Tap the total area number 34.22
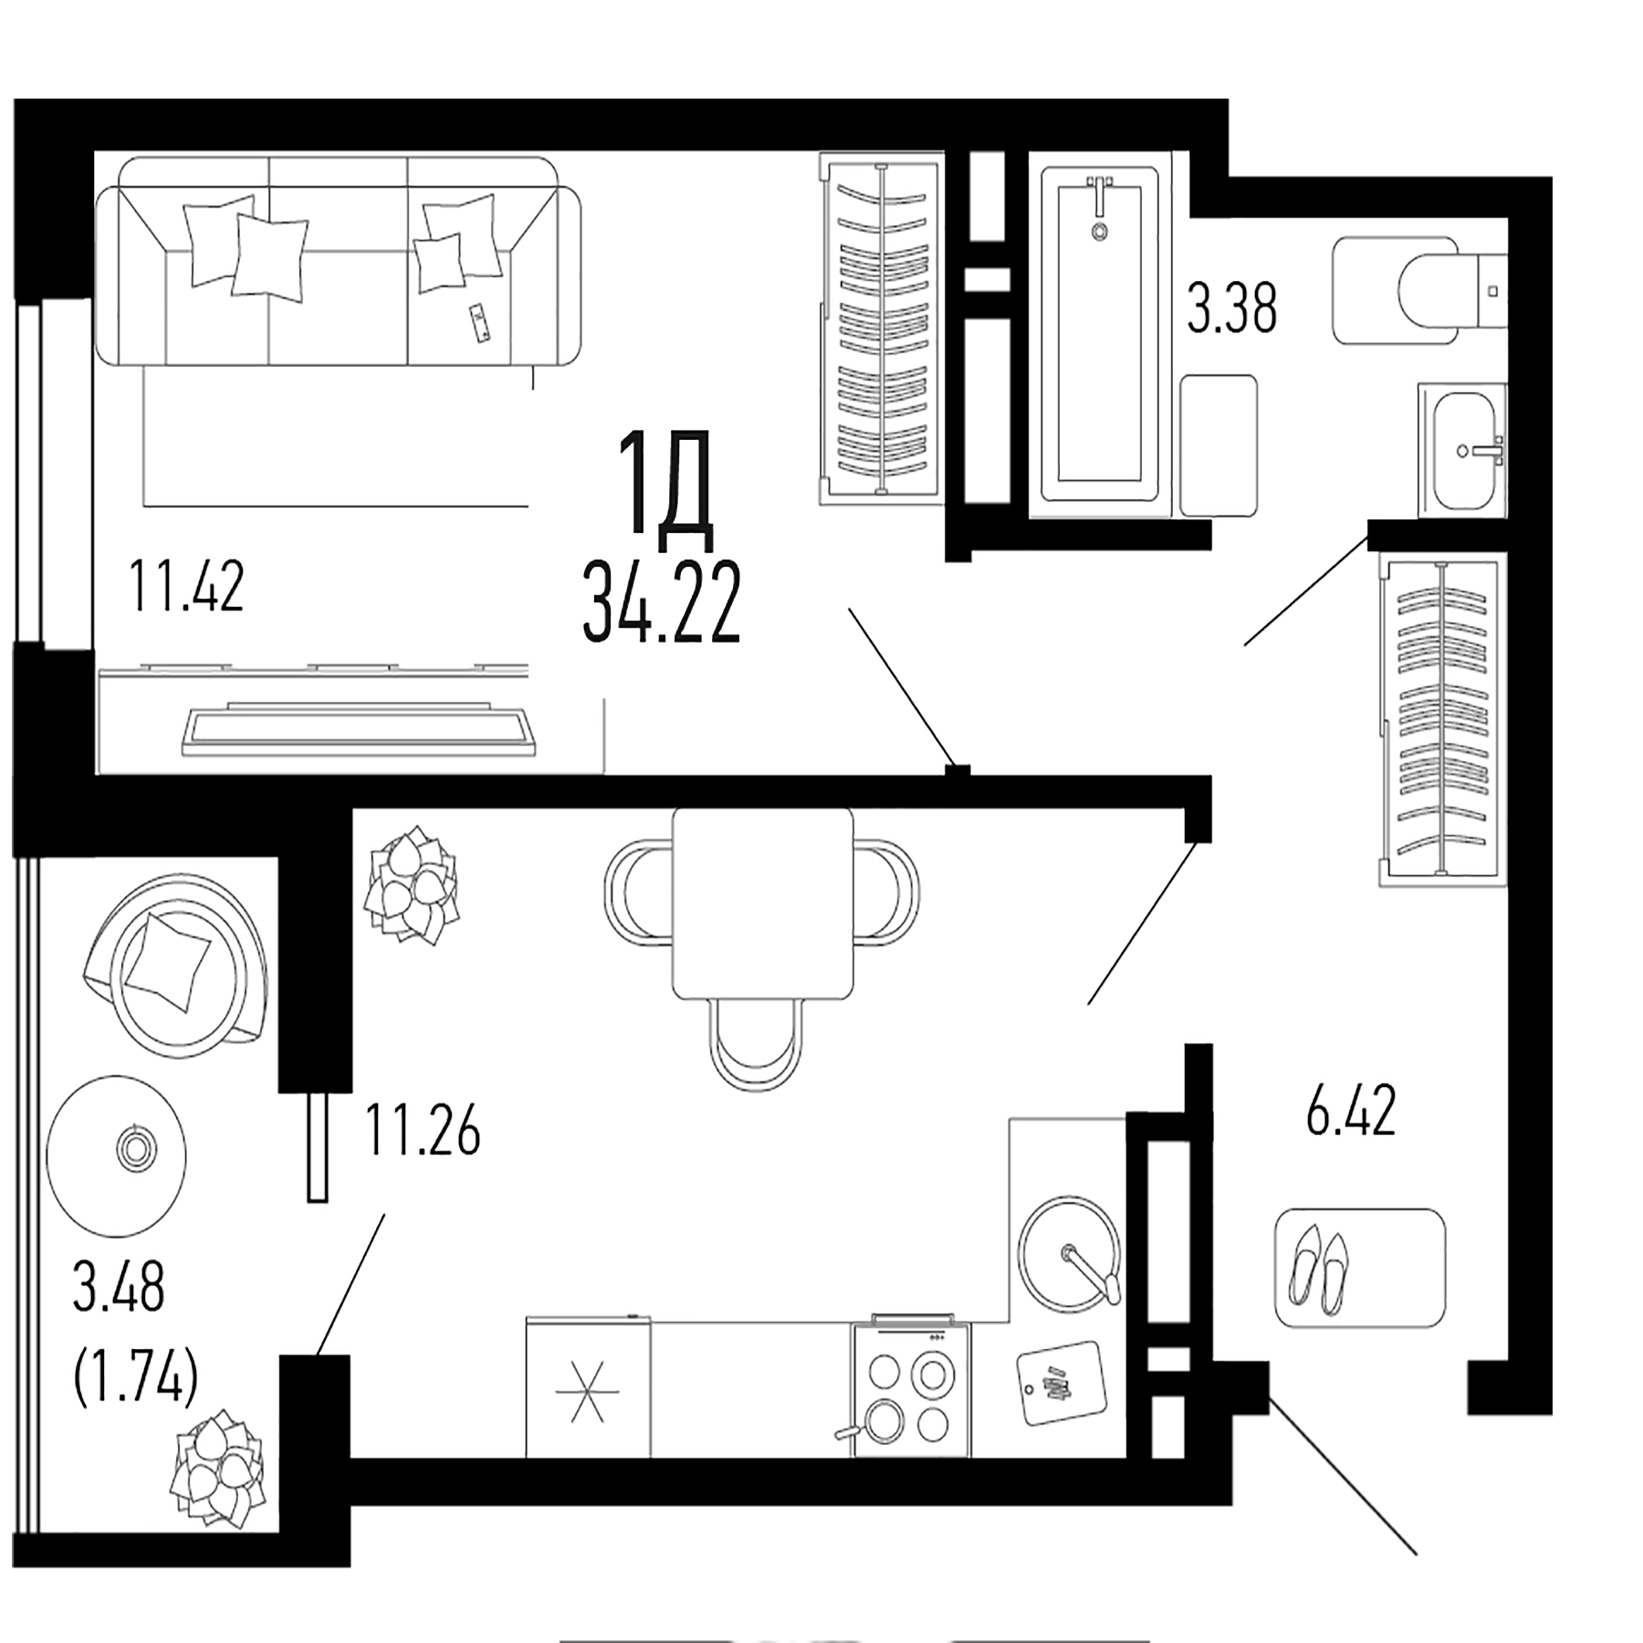tap(661, 603)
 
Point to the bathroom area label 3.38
tap(1231, 309)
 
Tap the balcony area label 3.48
tap(119, 1286)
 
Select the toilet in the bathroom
tap(1424, 290)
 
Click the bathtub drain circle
tap(1100, 232)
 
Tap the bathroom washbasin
tap(1463, 450)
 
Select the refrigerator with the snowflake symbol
tap(588, 1392)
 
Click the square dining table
tap(762, 904)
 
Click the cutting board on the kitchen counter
tap(1060, 1381)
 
